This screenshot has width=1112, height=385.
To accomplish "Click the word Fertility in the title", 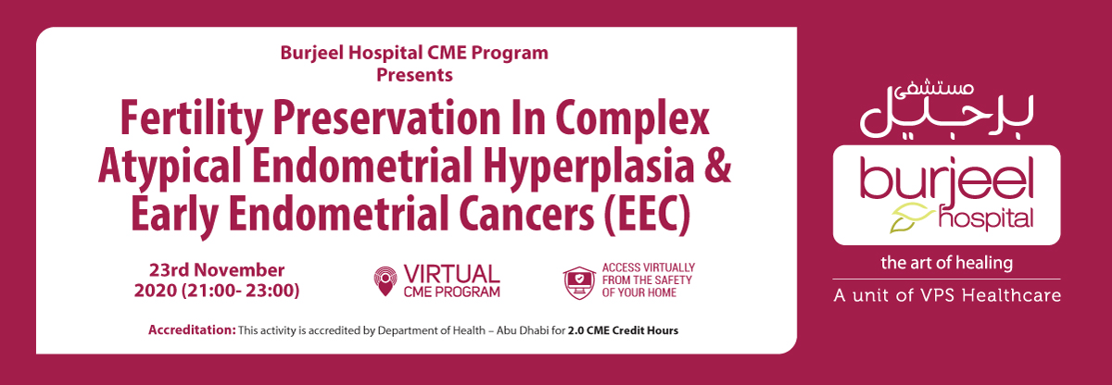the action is (191, 118).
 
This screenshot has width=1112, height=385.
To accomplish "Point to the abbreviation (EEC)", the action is (647, 214).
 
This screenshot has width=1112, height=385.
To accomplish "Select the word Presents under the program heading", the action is (414, 75).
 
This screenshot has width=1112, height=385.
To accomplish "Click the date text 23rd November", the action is (217, 270).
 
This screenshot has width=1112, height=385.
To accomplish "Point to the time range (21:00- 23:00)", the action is (240, 291).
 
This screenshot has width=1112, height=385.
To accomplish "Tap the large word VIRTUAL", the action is (451, 275).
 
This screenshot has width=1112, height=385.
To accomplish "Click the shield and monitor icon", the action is (579, 282).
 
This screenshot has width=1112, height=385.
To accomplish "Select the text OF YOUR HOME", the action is (639, 292).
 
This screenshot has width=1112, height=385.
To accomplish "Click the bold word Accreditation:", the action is (192, 330).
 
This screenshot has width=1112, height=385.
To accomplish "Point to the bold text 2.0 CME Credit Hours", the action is (623, 330).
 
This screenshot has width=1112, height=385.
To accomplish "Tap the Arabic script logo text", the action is (947, 112).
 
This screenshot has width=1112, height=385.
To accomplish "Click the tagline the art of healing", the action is (947, 263).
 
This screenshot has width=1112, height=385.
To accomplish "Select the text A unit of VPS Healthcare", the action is (947, 295).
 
